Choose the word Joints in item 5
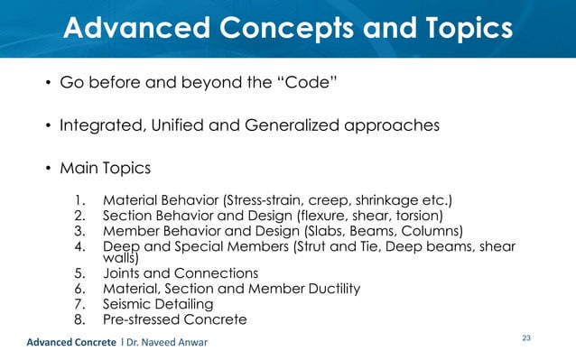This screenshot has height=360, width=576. pyautogui.click(x=124, y=273)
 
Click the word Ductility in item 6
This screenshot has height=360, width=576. pyautogui.click(x=331, y=289)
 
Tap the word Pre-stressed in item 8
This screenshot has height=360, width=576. pyautogui.click(x=144, y=319)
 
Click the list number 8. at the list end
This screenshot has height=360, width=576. pyautogui.click(x=80, y=319)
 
